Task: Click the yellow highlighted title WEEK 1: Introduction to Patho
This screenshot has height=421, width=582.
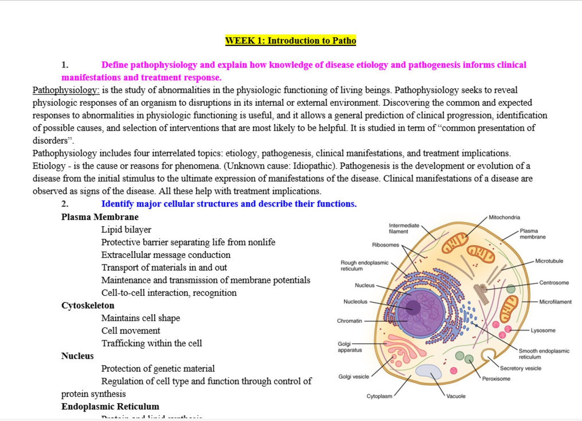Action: (x=290, y=40)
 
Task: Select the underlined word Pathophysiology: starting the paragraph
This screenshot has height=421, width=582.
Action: (x=66, y=90)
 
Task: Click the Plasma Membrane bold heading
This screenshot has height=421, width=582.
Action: (x=100, y=217)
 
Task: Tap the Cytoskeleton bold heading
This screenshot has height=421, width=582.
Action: (x=88, y=305)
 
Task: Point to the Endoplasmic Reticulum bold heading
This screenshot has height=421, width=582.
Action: (x=110, y=406)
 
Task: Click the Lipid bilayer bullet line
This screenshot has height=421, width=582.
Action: (x=126, y=230)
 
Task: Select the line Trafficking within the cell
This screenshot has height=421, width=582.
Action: (x=151, y=343)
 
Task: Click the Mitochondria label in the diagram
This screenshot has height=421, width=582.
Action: (x=504, y=217)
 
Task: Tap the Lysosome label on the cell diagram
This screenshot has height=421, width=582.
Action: (x=543, y=330)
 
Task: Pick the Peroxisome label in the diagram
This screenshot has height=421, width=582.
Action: (x=496, y=379)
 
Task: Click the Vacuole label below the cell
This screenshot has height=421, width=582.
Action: (x=456, y=396)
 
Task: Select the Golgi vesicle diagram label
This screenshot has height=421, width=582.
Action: (x=353, y=377)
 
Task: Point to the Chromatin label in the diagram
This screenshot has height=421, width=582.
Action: (x=349, y=321)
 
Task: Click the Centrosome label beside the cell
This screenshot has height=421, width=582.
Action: (x=554, y=283)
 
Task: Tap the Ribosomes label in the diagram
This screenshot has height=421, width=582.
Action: (x=385, y=245)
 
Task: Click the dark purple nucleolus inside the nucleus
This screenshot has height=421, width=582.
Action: (x=413, y=307)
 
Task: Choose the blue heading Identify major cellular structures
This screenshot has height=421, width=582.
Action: (x=229, y=204)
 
